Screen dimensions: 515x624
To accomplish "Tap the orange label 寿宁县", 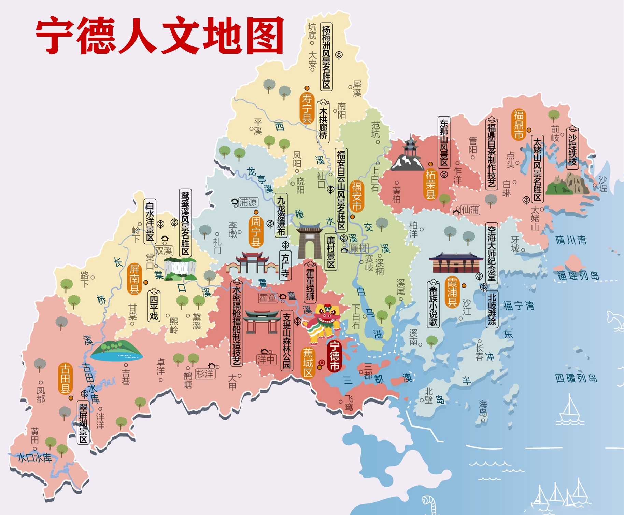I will click(x=307, y=108).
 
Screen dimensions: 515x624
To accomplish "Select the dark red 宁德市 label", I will click(x=334, y=356).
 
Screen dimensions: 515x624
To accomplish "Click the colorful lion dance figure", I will click(x=322, y=323).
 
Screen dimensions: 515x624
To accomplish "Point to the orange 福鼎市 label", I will click(x=519, y=124).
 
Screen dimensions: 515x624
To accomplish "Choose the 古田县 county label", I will click(x=65, y=378).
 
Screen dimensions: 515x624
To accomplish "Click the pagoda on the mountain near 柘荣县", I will click(x=409, y=153).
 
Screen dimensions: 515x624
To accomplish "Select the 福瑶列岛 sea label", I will click(x=578, y=275).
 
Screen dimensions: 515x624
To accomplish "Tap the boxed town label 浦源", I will click(x=247, y=202).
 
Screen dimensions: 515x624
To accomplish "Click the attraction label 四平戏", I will click(x=154, y=307).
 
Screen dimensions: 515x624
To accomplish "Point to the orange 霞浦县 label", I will click(x=452, y=292).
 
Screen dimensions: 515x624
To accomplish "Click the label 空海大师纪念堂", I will click(x=491, y=254).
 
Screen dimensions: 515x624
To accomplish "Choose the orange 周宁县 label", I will click(x=256, y=232).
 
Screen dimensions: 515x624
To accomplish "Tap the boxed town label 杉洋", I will click(x=205, y=374).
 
